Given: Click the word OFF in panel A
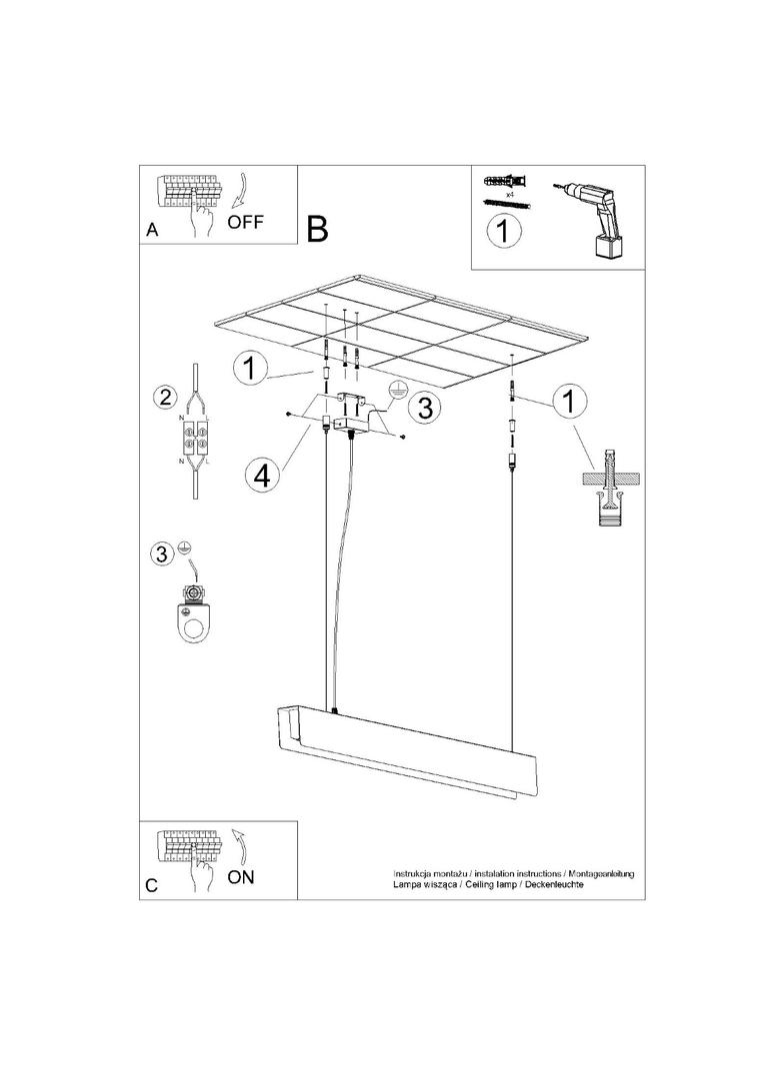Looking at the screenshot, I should pyautogui.click(x=245, y=222).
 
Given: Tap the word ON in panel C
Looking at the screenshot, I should pyautogui.click(x=241, y=877).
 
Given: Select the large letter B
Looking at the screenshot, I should pyautogui.click(x=317, y=229).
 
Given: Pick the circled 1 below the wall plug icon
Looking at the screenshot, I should pyautogui.click(x=505, y=232).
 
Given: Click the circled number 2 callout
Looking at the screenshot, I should pyautogui.click(x=162, y=397).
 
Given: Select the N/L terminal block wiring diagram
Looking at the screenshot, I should pyautogui.click(x=195, y=437).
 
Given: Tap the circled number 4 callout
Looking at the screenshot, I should pyautogui.click(x=262, y=475).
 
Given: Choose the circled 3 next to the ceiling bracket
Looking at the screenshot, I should pyautogui.click(x=425, y=408).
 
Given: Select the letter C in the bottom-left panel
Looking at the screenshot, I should pyautogui.click(x=151, y=885).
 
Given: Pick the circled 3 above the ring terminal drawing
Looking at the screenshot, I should pyautogui.click(x=161, y=553).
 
